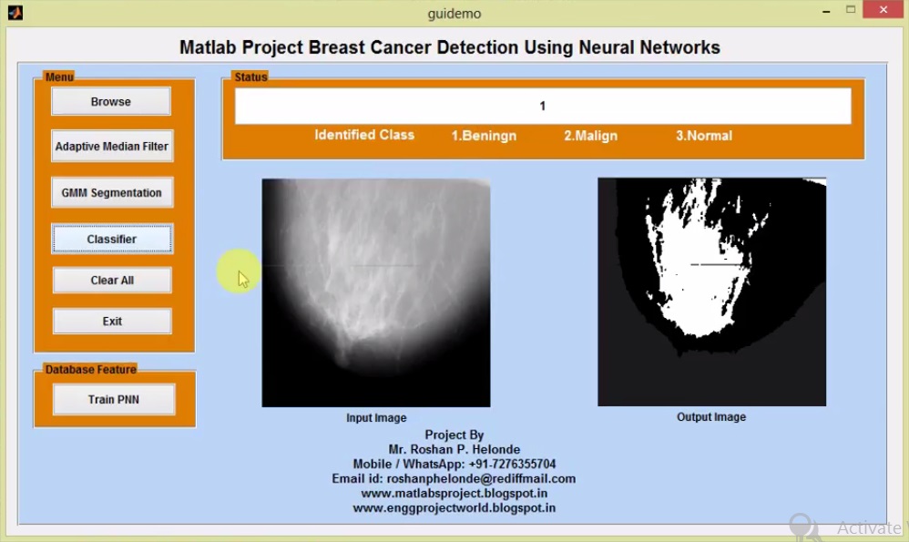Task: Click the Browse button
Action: click(x=111, y=102)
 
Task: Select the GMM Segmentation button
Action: click(x=112, y=193)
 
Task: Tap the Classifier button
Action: click(x=112, y=240)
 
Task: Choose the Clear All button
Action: click(x=112, y=281)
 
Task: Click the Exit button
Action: click(x=112, y=322)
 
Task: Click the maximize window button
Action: click(x=851, y=10)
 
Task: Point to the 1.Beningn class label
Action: click(x=484, y=136)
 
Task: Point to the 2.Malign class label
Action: click(x=590, y=136)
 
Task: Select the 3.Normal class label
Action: click(x=703, y=136)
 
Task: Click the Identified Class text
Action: click(x=364, y=135)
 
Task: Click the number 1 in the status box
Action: click(x=543, y=107)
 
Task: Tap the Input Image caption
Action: click(x=376, y=418)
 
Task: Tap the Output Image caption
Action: click(x=711, y=417)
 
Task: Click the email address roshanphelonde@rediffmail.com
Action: click(x=481, y=479)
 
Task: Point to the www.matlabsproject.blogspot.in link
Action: click(x=454, y=494)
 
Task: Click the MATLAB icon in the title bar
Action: click(x=15, y=12)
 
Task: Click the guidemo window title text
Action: click(x=454, y=14)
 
